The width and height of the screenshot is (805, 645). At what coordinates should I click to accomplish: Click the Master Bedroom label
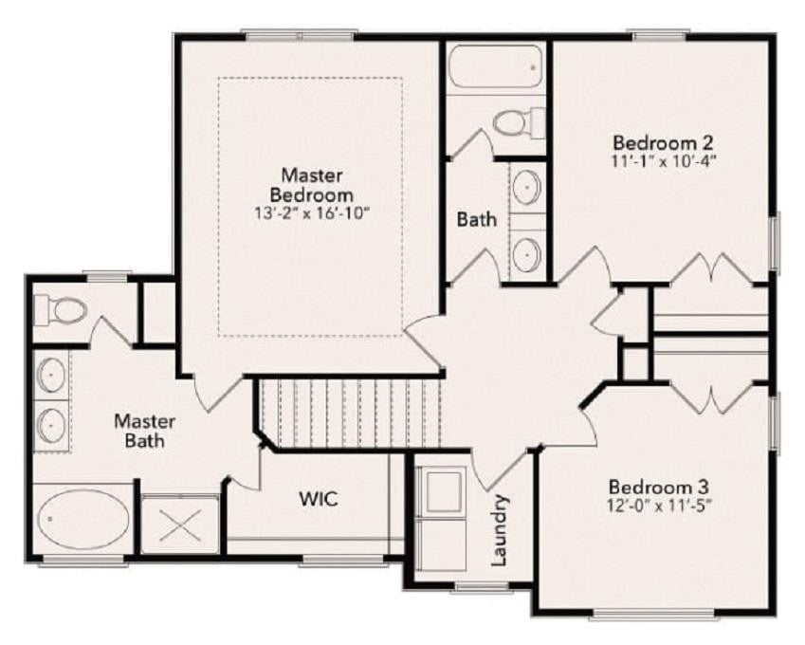[312, 185]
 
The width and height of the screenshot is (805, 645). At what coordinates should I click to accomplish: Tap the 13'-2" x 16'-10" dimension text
[312, 213]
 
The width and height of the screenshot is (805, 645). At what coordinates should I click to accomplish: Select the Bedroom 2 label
[664, 142]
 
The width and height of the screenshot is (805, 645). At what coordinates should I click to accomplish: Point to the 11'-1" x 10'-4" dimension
[664, 161]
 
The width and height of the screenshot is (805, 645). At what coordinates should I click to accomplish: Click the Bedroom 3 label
[659, 487]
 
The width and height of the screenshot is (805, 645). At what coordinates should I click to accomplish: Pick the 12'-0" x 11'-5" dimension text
[659, 506]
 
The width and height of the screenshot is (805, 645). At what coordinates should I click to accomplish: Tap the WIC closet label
[319, 498]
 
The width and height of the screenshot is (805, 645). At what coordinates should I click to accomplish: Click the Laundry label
[499, 530]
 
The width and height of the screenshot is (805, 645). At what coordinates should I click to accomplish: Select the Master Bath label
[145, 431]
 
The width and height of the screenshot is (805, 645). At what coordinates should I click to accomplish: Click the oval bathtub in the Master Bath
[83, 519]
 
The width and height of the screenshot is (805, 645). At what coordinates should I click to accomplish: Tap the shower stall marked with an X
[180, 525]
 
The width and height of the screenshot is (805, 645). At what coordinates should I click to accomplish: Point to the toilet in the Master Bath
[61, 310]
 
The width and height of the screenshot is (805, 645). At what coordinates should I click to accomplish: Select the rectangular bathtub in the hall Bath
[494, 66]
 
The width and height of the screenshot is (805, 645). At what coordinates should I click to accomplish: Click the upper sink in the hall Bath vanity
[527, 186]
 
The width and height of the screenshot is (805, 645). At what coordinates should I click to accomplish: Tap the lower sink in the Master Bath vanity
[51, 425]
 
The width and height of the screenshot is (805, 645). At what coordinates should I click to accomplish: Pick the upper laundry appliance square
[443, 489]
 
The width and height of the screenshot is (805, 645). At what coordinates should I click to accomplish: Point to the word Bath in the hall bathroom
[476, 220]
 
